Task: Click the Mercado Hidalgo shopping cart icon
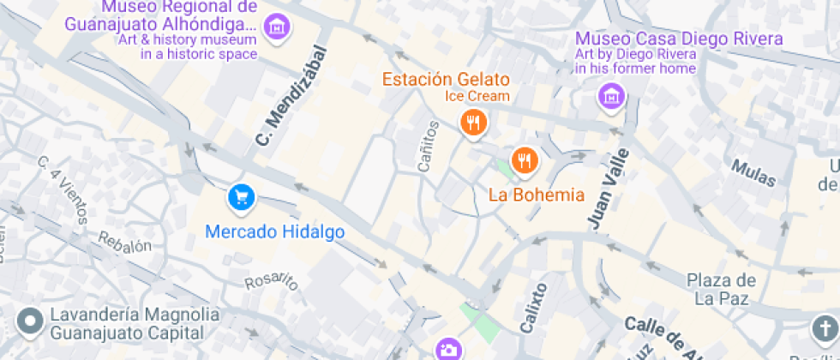242,198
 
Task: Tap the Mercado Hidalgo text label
276,231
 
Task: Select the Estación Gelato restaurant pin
472,122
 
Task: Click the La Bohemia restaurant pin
524,159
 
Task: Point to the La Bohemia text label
536,195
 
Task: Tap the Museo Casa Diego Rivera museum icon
611,97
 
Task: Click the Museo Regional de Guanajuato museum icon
277,27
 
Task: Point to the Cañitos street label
428,147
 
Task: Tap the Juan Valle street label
608,188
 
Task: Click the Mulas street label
753,172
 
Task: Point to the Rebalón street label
125,243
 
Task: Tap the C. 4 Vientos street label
63,189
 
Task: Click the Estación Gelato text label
446,80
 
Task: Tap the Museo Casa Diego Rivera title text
678,39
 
